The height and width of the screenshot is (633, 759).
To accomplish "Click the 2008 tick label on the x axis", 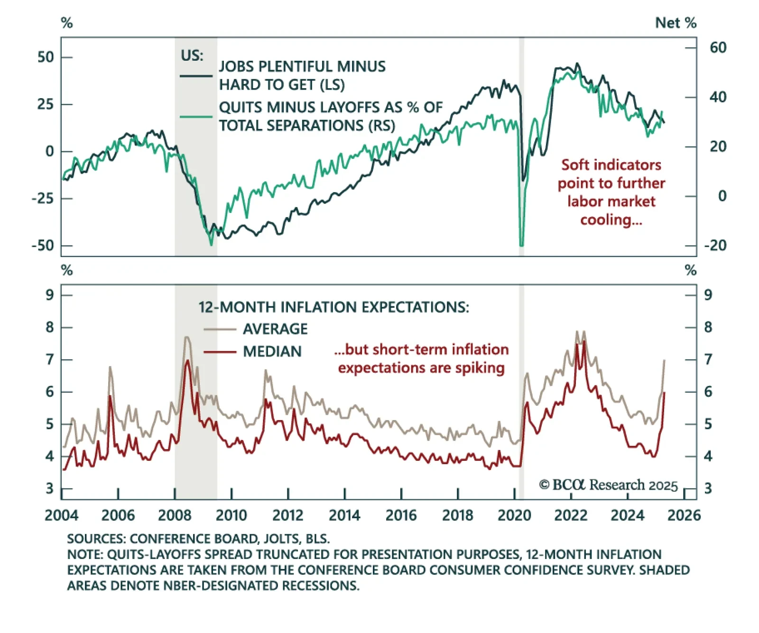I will pyautogui.click(x=175, y=515).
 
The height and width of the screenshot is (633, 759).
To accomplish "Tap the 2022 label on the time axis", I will pyautogui.click(x=571, y=515).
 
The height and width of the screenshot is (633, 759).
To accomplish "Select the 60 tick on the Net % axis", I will pyautogui.click(x=718, y=47).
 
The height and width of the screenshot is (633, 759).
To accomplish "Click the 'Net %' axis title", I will pyautogui.click(x=676, y=23).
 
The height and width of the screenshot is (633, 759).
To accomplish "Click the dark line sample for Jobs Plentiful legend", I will pyautogui.click(x=196, y=76).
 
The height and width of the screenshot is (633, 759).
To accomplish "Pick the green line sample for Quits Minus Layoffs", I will pyautogui.click(x=196, y=117).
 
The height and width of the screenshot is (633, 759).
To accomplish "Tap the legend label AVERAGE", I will pyautogui.click(x=275, y=329).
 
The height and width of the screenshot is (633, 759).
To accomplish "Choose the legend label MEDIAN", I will pyautogui.click(x=272, y=351).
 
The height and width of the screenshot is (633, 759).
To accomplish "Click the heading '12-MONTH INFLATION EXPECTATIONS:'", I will pyautogui.click(x=333, y=307).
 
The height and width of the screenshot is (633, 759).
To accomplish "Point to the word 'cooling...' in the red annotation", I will pyautogui.click(x=611, y=220).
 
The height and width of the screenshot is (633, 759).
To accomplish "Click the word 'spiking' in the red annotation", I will pyautogui.click(x=480, y=368).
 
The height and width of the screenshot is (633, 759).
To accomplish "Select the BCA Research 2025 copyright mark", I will pyautogui.click(x=608, y=485).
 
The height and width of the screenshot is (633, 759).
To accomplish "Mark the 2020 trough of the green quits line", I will pyautogui.click(x=521, y=245).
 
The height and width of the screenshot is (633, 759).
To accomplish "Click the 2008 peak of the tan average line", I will pyautogui.click(x=186, y=337).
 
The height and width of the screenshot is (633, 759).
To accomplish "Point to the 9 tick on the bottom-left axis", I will pyautogui.click(x=50, y=295).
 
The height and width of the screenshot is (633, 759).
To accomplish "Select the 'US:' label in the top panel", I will pyautogui.click(x=192, y=55).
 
